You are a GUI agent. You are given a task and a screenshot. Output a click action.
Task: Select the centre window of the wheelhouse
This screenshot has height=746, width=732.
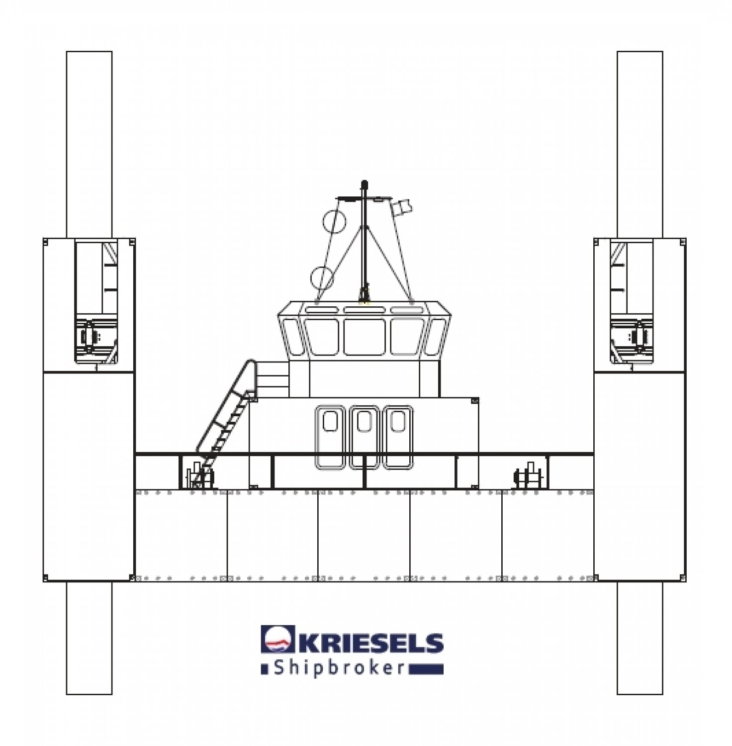coord(365,337)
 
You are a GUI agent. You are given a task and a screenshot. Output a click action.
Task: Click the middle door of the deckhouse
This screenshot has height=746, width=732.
coord(365,437)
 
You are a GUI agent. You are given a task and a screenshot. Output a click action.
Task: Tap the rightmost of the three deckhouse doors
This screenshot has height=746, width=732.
coord(398,437)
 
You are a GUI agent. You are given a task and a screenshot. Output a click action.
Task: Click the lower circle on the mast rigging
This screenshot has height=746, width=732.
coord(322,278)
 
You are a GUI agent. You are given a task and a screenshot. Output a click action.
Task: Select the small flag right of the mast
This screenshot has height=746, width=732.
coord(401,208)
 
